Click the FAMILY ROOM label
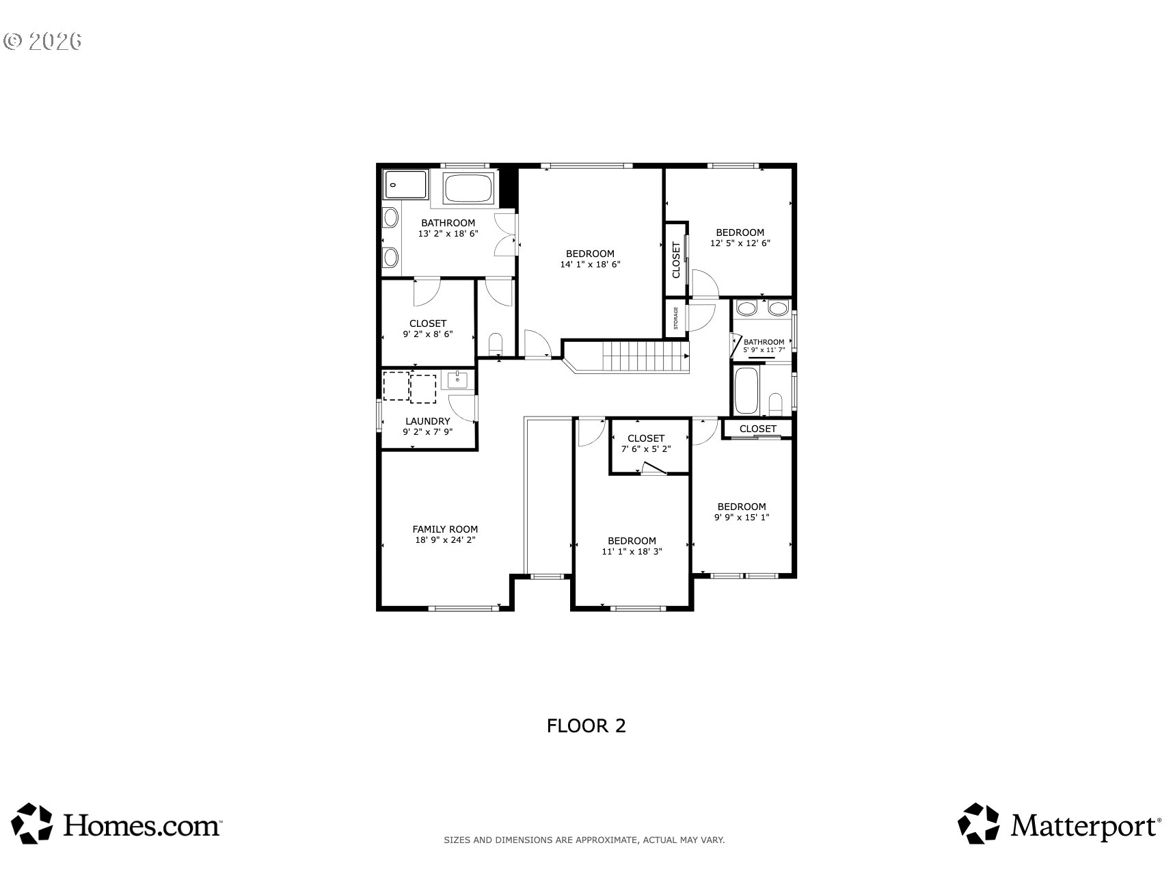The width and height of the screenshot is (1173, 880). tap(445, 529)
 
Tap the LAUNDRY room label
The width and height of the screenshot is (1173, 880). tap(428, 421)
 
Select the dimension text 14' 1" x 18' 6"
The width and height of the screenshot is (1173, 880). tap(590, 264)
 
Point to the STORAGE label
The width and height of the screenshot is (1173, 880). tap(676, 319)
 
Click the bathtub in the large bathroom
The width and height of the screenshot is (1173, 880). tap(469, 188)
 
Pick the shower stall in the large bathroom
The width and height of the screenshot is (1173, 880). tap(405, 185)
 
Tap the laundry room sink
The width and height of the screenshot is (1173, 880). tap(457, 379)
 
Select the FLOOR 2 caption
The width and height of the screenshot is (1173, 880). tap(586, 725)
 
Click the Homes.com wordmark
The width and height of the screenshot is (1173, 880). tap(142, 825)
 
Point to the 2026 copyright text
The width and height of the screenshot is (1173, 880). tap(43, 41)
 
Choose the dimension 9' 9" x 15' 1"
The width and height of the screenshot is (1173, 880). tap(742, 518)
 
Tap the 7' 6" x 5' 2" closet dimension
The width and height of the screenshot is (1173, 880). tap(646, 449)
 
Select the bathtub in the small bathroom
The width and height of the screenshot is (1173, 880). tap(746, 391)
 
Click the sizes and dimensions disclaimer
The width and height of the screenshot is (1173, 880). tap(584, 840)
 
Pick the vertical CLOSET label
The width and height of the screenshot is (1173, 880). tap(676, 260)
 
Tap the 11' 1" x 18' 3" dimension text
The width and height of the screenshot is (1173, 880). tap(632, 552)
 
